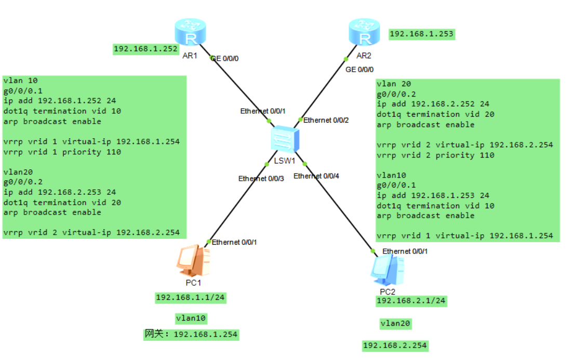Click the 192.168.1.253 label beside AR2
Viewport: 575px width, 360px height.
pyautogui.click(x=421, y=34)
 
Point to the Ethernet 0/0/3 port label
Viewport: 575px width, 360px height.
pyautogui.click(x=261, y=179)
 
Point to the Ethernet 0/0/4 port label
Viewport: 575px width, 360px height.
pyautogui.click(x=316, y=176)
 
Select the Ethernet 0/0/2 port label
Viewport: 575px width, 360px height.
pyautogui.click(x=326, y=121)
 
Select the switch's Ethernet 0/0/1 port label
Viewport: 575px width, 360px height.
pyautogui.click(x=263, y=111)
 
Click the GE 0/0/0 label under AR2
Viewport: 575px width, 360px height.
pyautogui.click(x=359, y=69)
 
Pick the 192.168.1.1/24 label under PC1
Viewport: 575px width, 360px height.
pyautogui.click(x=191, y=298)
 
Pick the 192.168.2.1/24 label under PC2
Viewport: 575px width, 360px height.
pyautogui.click(x=411, y=301)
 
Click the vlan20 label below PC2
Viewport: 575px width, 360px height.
pyautogui.click(x=395, y=324)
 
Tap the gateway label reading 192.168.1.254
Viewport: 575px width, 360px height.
pyautogui.click(x=192, y=335)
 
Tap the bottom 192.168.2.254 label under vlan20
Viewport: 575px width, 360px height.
pyautogui.click(x=395, y=345)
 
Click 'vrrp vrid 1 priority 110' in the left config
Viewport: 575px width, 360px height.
pyautogui.click(x=62, y=152)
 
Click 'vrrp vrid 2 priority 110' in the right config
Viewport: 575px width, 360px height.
pyautogui.click(x=435, y=155)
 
